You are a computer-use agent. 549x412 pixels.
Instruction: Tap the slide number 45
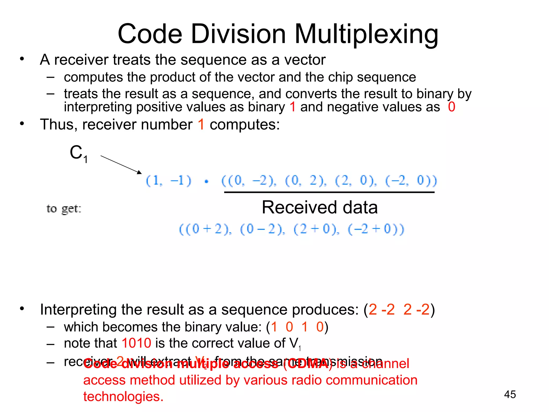(510, 394)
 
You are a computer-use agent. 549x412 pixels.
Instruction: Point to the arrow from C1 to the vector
(121, 164)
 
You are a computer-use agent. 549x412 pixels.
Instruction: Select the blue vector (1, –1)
(169, 181)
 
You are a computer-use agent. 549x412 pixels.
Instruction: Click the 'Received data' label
(320, 207)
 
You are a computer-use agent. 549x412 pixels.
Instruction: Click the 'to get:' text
(64, 209)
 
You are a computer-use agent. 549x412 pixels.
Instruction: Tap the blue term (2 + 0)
(316, 229)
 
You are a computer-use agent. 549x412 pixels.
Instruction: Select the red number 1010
(136, 343)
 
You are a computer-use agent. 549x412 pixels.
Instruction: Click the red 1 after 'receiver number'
(201, 125)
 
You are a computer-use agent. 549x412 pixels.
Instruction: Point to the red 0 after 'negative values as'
(451, 107)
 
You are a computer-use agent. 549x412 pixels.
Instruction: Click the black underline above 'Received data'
(329, 192)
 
